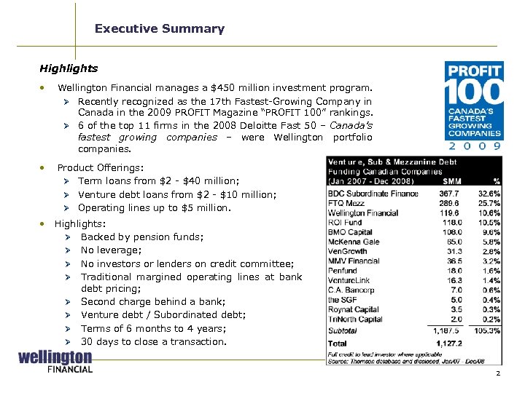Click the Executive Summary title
point(159,29)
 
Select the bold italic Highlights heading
point(69,68)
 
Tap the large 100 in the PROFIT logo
point(474,92)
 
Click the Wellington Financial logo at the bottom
point(55,362)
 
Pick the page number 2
point(497,373)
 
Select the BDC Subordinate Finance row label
point(373,194)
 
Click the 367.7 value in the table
point(450,194)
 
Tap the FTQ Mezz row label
point(347,204)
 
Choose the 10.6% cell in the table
point(489,213)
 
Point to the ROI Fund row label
point(345,223)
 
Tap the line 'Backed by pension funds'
point(142,237)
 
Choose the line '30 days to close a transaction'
point(153,341)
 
